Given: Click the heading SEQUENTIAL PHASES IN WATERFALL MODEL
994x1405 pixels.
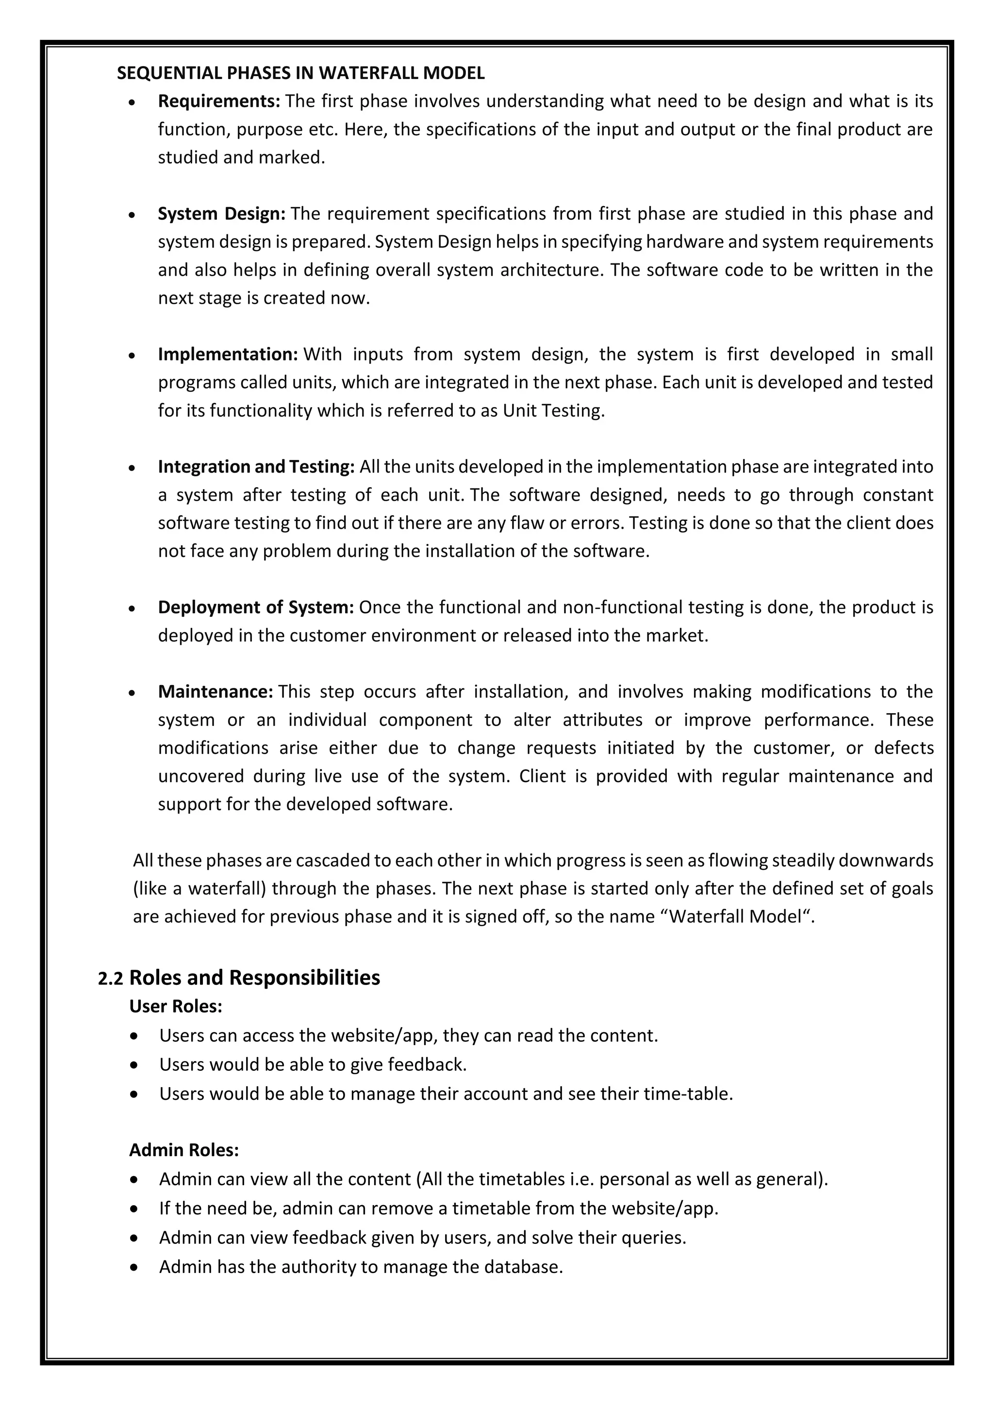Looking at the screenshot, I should click(x=300, y=73).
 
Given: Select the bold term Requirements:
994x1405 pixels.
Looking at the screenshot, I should click(x=218, y=101).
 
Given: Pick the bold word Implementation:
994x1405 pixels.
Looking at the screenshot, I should click(x=228, y=354).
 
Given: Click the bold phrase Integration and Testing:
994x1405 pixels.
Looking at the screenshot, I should click(x=256, y=467).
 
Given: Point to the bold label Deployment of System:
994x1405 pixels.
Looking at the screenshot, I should click(x=256, y=607).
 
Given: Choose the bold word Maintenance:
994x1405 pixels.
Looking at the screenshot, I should click(x=215, y=691).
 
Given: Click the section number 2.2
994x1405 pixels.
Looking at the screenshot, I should click(x=110, y=979).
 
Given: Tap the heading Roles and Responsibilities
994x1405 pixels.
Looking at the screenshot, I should click(x=255, y=978).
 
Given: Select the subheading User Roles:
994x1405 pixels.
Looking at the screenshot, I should click(x=176, y=1007).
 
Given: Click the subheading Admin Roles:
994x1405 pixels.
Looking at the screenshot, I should click(x=183, y=1150).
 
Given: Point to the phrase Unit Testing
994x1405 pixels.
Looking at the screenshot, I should click(x=553, y=410).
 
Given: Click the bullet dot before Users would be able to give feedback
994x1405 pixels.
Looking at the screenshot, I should click(x=134, y=1065).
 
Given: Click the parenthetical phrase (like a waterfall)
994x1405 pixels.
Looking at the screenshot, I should click(x=199, y=888).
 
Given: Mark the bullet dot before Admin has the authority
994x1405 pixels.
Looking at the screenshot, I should click(x=134, y=1267).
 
